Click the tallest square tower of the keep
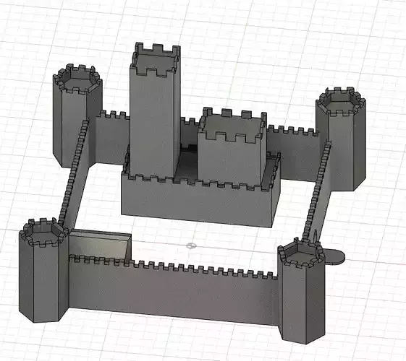[154, 116]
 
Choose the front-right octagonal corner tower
[301, 300]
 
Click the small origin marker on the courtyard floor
[192, 245]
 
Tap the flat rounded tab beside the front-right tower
[334, 256]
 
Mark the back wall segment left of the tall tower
[112, 137]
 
